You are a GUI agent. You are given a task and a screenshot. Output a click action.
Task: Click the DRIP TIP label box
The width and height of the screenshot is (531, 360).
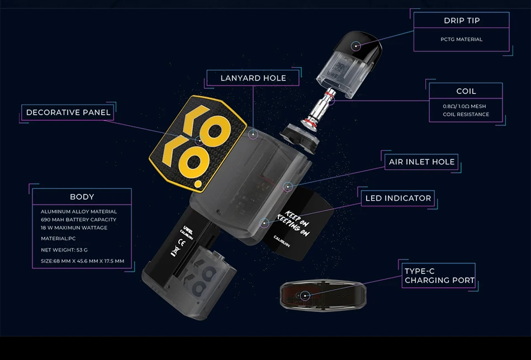coord(461,21)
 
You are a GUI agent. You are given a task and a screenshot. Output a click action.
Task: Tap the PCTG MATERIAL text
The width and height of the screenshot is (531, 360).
coord(461,40)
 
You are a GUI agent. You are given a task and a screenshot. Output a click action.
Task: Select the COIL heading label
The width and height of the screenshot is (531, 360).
coord(466,91)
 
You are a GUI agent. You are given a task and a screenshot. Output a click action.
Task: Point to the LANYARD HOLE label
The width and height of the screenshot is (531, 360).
coord(253,78)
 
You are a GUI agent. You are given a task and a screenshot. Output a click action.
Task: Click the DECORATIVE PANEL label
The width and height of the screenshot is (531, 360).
coord(68,112)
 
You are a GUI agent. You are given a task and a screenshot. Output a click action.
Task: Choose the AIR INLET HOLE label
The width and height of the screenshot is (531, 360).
coord(422,162)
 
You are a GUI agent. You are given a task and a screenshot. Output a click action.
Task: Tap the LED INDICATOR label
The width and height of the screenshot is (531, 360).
coord(398,198)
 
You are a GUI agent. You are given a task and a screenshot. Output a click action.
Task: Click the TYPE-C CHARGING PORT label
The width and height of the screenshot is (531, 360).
coord(439,276)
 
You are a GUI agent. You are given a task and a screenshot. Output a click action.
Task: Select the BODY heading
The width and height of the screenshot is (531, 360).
coord(82,197)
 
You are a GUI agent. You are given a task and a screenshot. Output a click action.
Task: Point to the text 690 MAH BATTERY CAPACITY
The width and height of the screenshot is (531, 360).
coord(78,220)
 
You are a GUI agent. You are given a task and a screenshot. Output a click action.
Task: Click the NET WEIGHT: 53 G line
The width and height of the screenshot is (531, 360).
coord(64,250)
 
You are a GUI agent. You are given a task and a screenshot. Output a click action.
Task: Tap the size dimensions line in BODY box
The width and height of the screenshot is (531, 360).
coord(82,261)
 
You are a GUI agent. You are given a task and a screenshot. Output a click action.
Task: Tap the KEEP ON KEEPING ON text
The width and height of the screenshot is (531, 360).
coord(297,224)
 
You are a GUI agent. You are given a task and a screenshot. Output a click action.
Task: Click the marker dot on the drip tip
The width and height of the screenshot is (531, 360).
coord(355,44)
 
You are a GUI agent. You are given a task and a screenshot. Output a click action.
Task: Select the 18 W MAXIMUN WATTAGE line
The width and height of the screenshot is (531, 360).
coord(74,228)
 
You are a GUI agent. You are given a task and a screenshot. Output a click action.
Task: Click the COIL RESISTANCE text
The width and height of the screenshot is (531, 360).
coord(466,115)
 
